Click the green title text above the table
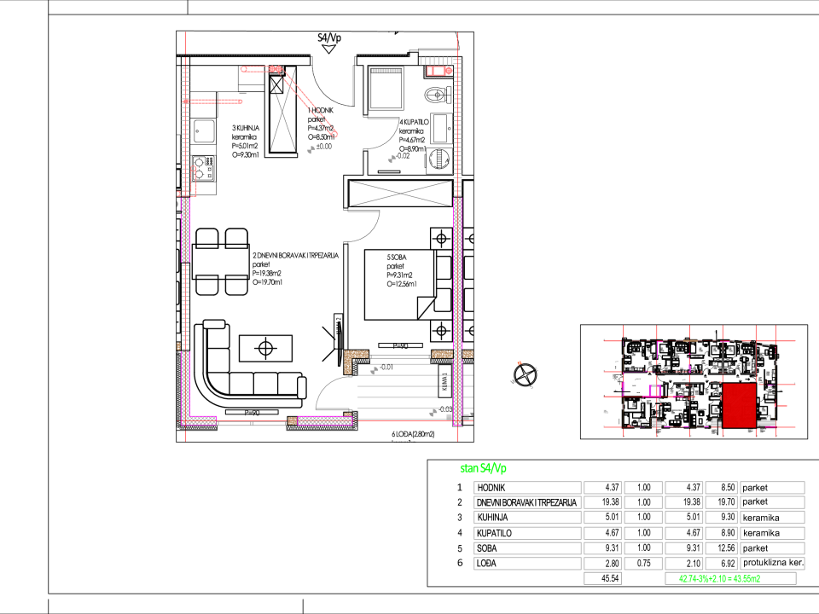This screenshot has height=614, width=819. pos(483,468)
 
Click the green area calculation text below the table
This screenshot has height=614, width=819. pos(719,578)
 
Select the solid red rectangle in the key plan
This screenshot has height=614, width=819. pos(739,405)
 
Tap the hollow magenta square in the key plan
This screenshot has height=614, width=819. pos(654,391)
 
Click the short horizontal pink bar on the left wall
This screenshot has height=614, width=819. pos(212,101)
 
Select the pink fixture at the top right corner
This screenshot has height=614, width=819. pos(439,71)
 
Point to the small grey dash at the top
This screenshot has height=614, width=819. pos(386,71)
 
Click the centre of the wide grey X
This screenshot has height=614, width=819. pos(400,194)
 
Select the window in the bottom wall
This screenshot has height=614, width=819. pos(252,422)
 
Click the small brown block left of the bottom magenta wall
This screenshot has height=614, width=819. pos(293,420)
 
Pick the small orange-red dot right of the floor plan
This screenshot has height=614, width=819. pos(519,362)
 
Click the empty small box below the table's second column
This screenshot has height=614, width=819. pos(602,578)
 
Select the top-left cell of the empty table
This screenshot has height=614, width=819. pos(527,488)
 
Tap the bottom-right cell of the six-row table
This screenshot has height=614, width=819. pos(771,564)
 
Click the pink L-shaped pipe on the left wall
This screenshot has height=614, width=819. pos(191,182)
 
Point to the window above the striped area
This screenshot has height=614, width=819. pos(399,356)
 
